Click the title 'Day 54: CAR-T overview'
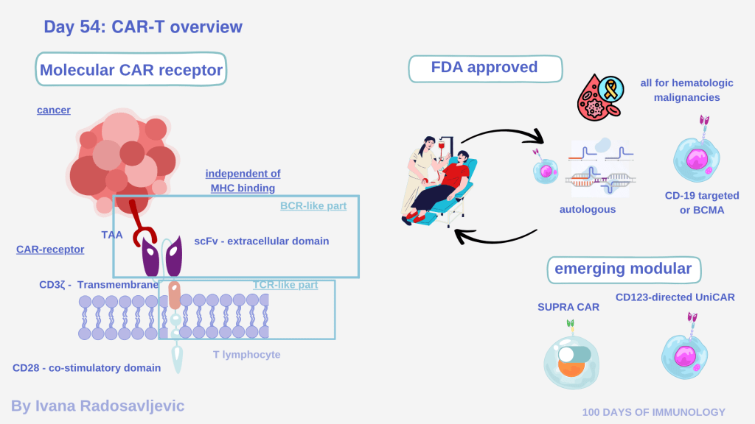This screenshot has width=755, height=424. (x=143, y=27)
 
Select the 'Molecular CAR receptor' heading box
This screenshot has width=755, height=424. (x=131, y=71)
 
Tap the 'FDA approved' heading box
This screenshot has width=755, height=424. (x=484, y=68)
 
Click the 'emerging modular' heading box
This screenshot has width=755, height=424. (x=623, y=269)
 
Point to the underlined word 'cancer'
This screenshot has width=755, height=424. (x=54, y=110)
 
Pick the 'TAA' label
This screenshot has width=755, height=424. (x=112, y=236)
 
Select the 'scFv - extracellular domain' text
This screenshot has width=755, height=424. (x=261, y=241)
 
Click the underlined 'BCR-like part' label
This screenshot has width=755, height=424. (x=313, y=206)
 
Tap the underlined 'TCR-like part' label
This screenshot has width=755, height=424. (x=285, y=285)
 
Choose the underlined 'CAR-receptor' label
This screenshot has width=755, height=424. (x=50, y=250)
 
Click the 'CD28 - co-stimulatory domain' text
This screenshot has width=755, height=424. (x=87, y=368)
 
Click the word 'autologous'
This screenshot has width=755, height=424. (x=587, y=210)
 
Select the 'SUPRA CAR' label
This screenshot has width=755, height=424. (x=568, y=306)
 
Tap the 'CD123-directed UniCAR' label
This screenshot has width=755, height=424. (x=675, y=297)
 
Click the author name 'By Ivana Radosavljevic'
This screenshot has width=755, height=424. (x=98, y=406)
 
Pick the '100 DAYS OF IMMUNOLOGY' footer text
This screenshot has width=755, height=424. (x=654, y=412)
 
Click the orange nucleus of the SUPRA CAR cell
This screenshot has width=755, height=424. (x=571, y=366)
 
